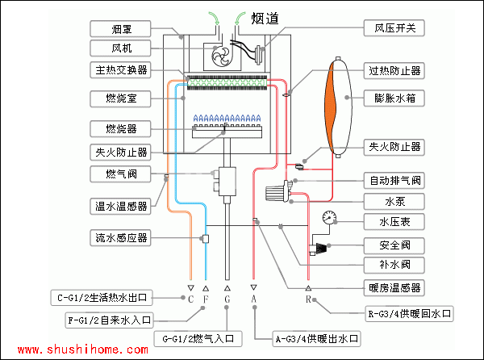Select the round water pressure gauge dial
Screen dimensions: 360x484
328,218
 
